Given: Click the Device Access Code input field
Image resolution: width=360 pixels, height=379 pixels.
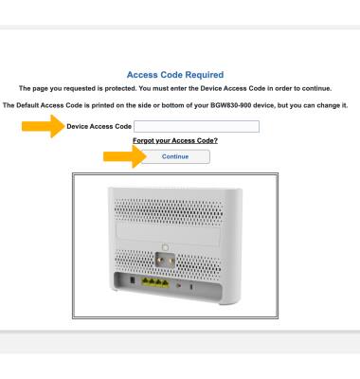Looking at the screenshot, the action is pyautogui.click(x=196, y=126).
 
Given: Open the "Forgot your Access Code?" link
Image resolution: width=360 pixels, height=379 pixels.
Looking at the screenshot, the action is pyautogui.click(x=175, y=140).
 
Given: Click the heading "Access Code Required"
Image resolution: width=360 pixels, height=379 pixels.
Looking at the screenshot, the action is pyautogui.click(x=175, y=75).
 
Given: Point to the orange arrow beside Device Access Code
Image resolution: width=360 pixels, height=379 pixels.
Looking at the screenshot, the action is pyautogui.click(x=44, y=126).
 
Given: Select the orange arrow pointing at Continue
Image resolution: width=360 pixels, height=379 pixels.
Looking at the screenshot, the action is pyautogui.click(x=125, y=156).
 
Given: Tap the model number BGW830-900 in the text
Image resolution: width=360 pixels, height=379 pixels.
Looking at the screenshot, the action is pyautogui.click(x=231, y=105).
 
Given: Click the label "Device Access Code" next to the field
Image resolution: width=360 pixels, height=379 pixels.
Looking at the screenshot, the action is pyautogui.click(x=99, y=126).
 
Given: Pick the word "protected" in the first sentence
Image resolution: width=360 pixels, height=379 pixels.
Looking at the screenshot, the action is pyautogui.click(x=120, y=88).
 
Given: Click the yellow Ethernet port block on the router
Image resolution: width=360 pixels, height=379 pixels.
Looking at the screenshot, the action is pyautogui.click(x=155, y=282).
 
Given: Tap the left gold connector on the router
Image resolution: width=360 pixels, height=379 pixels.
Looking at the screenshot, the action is pyautogui.click(x=159, y=261).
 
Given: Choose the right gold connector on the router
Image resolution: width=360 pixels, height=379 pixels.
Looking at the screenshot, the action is pyautogui.click(x=171, y=261).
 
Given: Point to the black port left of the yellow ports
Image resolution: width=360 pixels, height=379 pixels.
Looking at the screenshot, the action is pyautogui.click(x=133, y=280).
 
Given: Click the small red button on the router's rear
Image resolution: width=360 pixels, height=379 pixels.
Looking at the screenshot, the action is pyautogui.click(x=178, y=285).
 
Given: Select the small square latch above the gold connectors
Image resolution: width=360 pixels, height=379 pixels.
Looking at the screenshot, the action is pyautogui.click(x=165, y=247).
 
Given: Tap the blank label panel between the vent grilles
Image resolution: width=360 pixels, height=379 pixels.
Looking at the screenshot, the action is pyautogui.click(x=168, y=233).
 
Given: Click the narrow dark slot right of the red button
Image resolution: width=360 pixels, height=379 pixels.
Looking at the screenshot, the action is pyautogui.click(x=191, y=287).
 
